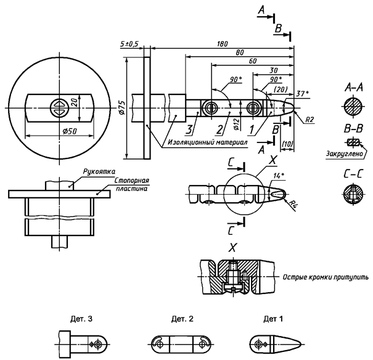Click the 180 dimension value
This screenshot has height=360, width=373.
point(222,44)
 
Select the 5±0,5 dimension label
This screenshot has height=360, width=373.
point(129,44)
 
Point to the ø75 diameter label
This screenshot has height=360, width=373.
point(122,108)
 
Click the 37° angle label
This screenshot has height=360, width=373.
point(302,94)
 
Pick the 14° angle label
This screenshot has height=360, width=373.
point(279,176)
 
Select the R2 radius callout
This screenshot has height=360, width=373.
point(309,120)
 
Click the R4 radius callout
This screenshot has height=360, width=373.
point(293,204)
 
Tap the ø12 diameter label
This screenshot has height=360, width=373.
point(237,124)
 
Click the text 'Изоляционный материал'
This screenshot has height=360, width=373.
point(208,142)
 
